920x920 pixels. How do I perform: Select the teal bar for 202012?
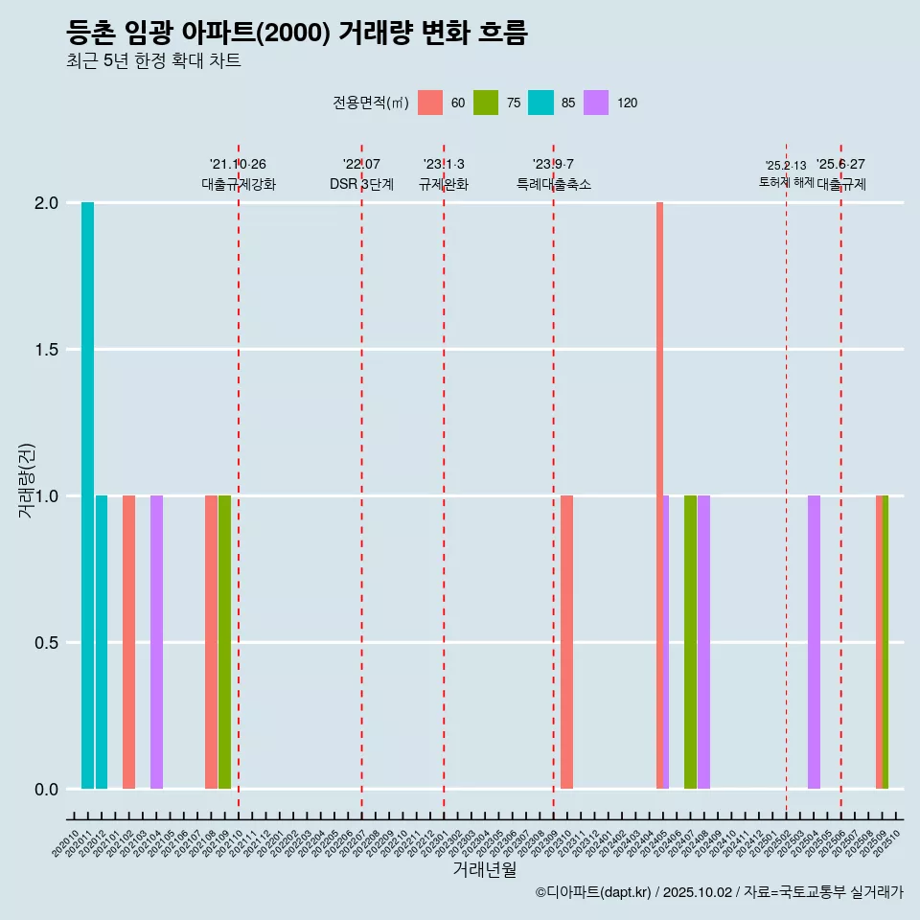(x=102, y=642)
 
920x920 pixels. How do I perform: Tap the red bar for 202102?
(x=128, y=642)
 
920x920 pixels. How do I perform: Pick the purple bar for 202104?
(x=156, y=642)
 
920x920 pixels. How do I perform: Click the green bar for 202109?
(x=224, y=642)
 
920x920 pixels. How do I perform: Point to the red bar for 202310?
(x=567, y=642)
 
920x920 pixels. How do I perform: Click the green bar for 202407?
(x=690, y=642)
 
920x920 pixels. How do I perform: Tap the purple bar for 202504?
(x=814, y=642)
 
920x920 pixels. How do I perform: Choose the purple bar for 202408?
(x=703, y=642)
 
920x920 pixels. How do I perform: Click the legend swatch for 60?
(x=430, y=103)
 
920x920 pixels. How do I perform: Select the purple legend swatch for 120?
(x=596, y=103)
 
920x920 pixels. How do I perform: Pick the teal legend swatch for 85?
(x=540, y=103)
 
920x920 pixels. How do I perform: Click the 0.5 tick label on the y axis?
(x=47, y=643)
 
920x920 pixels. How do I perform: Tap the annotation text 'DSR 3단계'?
(x=361, y=184)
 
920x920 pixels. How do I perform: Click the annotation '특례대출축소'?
(x=554, y=184)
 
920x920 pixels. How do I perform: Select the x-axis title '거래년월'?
(x=484, y=870)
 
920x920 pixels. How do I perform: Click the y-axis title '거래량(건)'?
(x=27, y=480)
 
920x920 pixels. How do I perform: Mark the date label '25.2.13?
(x=786, y=166)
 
